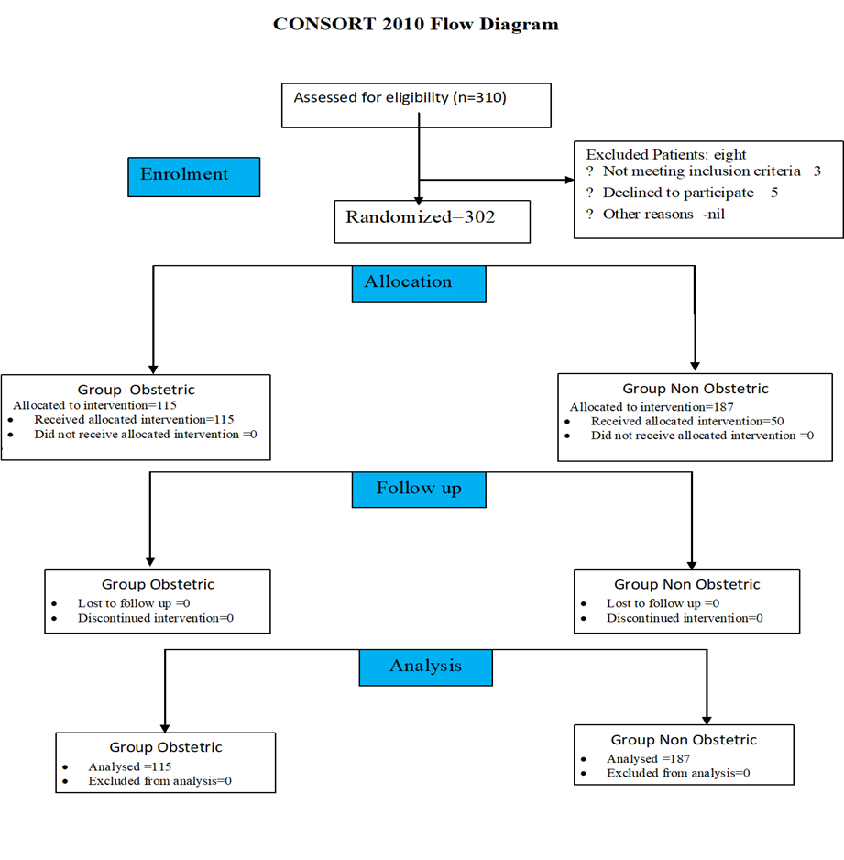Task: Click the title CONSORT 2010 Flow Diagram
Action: (416, 24)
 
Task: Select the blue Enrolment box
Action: (194, 177)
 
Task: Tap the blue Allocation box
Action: (419, 283)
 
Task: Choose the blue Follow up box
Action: (419, 490)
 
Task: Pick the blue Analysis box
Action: (426, 667)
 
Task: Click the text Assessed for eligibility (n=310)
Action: (400, 97)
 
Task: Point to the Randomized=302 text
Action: (421, 217)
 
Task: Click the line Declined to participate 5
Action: (690, 193)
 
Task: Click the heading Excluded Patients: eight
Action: (666, 154)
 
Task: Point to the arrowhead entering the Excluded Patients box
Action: (569, 180)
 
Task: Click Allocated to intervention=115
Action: (94, 405)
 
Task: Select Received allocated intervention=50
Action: (687, 421)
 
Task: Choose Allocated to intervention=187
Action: (652, 407)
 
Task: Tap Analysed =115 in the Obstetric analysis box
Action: (130, 766)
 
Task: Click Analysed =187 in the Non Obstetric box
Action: (648, 758)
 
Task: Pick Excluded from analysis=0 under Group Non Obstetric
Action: (678, 773)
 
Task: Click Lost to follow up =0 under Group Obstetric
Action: (134, 603)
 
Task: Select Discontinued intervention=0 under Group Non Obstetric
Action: (685, 618)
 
